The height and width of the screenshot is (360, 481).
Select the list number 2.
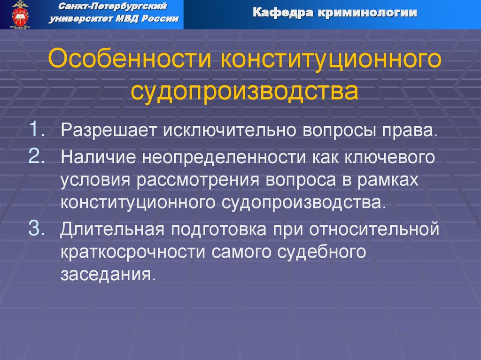point(37,156)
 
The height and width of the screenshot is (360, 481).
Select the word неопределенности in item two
point(222,157)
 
